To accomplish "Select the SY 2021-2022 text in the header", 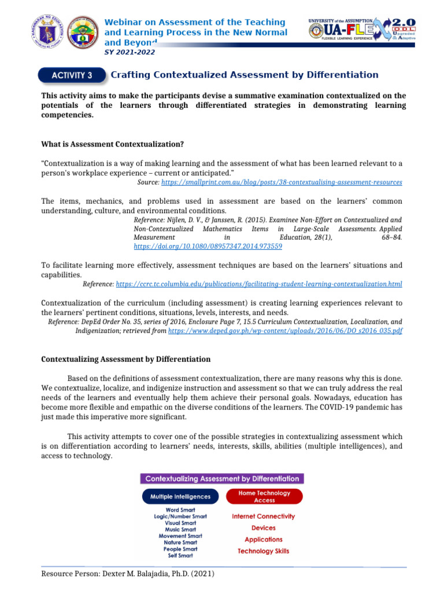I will coord(129,52).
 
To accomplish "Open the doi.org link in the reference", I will coord(208,246).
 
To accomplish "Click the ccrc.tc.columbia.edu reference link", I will coord(259,284).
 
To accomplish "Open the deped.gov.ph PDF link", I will coord(285,331).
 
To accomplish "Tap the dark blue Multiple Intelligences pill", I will coord(180,497).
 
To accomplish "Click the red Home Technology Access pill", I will coord(264,497).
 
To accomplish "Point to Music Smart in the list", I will coord(180,529).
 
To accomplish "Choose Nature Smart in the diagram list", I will coord(180,543).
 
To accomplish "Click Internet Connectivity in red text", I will coord(263,516).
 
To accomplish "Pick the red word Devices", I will coord(263,528).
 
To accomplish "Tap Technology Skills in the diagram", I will coord(263,551).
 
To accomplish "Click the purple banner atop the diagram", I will coord(222,479).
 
